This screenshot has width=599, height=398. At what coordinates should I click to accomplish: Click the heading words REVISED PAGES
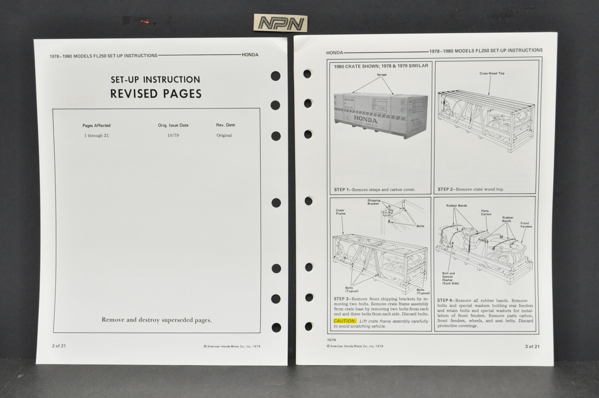[156, 94]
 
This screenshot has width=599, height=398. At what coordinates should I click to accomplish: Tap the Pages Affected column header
[96, 125]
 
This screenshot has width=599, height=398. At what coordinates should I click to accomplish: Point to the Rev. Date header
[224, 125]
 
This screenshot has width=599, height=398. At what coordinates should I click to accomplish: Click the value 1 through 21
[96, 135]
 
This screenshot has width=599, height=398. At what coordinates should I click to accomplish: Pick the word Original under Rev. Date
[224, 135]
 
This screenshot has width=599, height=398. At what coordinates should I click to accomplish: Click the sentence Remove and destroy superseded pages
[156, 320]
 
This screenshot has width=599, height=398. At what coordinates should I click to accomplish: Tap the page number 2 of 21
[59, 346]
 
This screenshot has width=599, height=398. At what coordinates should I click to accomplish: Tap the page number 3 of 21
[532, 346]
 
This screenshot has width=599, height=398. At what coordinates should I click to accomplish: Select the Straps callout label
[382, 75]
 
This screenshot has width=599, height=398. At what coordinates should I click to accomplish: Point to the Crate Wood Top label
[492, 74]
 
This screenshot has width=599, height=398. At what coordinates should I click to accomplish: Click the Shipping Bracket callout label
[374, 203]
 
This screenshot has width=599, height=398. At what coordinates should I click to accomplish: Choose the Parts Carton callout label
[486, 213]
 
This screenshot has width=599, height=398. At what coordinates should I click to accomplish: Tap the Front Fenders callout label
[525, 225]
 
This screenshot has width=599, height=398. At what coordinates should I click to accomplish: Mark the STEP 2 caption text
[471, 189]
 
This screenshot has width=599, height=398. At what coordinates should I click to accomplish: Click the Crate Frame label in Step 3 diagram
[340, 212]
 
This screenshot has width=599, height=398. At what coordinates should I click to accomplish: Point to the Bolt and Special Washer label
[448, 279]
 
